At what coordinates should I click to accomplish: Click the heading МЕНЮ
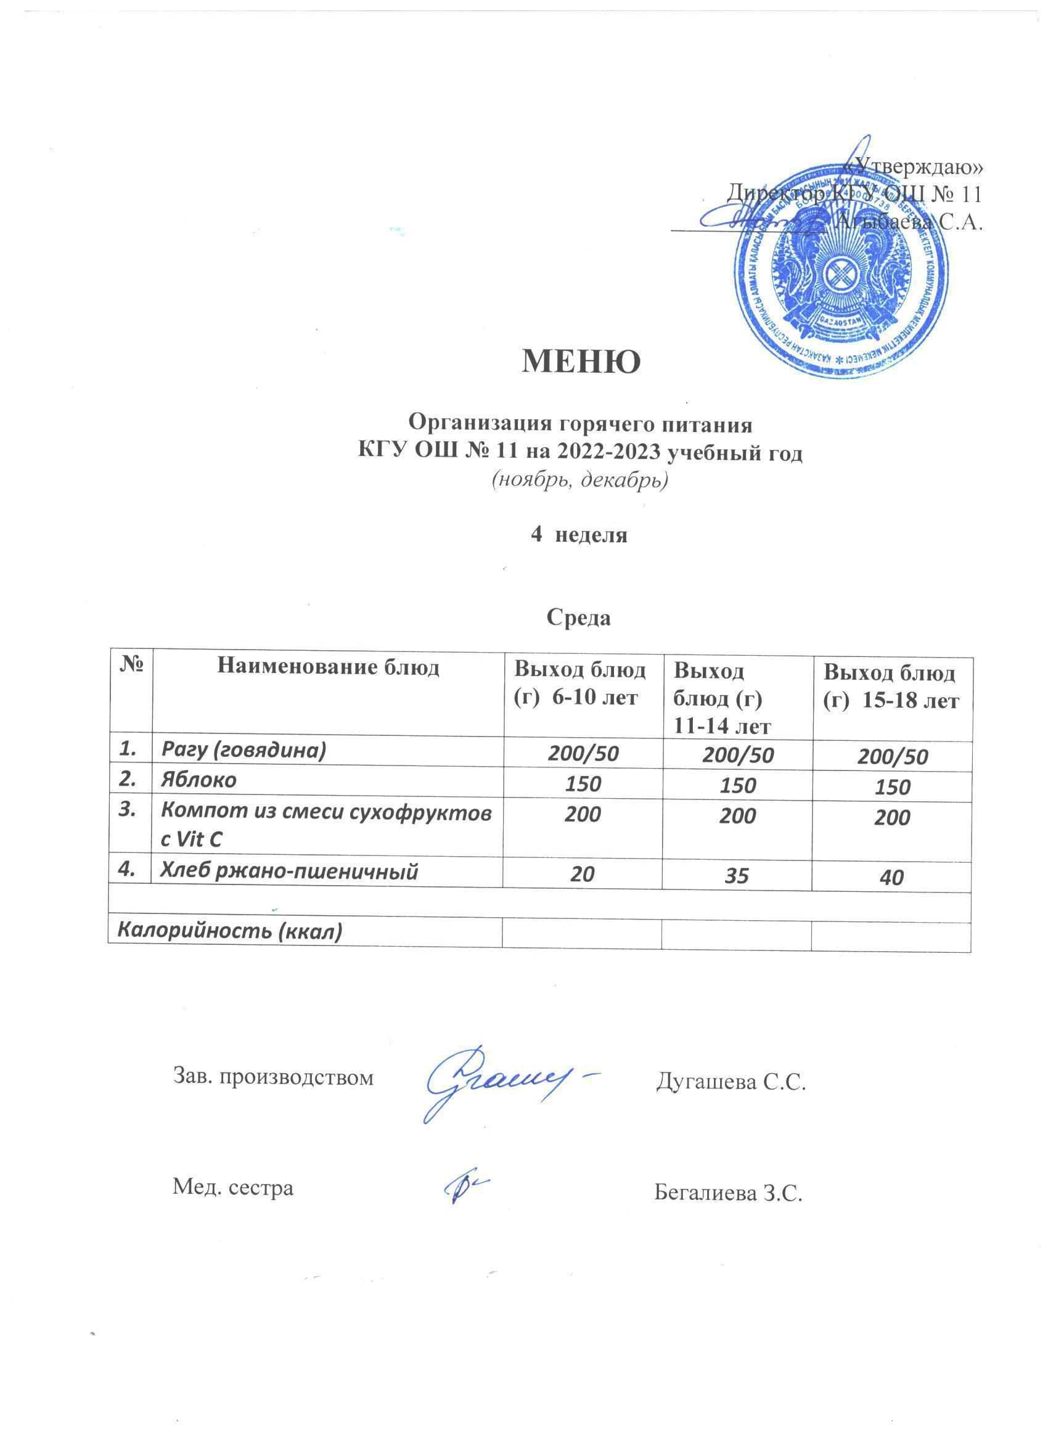(x=581, y=361)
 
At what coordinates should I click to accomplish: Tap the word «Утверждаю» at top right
(x=914, y=166)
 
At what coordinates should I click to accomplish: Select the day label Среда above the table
(x=578, y=618)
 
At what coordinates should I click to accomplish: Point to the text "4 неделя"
(x=578, y=535)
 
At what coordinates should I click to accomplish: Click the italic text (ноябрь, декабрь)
(x=579, y=480)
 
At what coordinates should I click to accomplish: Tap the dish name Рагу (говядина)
(x=244, y=750)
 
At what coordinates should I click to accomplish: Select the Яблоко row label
(x=199, y=779)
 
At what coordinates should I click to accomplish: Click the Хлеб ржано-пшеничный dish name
(x=289, y=872)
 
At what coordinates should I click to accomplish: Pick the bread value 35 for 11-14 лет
(x=737, y=876)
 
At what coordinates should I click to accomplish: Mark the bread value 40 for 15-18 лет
(x=892, y=878)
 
